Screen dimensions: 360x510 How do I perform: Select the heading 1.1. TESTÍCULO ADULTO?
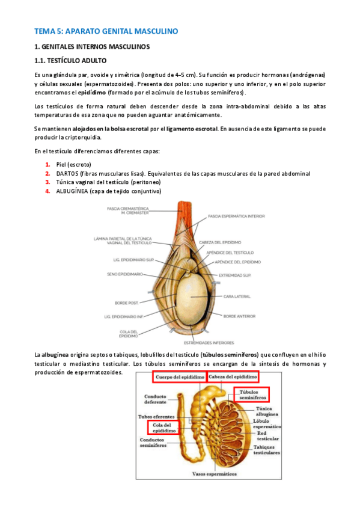[72, 61]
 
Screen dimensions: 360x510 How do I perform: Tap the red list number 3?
[47, 182]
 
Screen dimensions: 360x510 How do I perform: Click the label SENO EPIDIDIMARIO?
[124, 274]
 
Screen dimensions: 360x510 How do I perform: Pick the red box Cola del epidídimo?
[163, 428]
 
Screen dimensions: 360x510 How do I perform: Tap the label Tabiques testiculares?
[267, 450]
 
